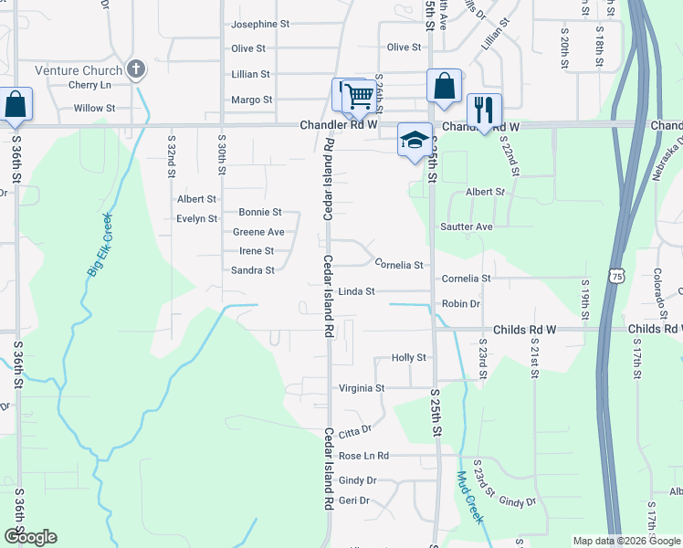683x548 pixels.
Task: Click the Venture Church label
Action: pos(79,70)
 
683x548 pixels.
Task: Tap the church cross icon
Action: pos(136,69)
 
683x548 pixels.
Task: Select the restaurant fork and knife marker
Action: pos(483,110)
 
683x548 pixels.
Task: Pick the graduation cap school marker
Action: pos(415,140)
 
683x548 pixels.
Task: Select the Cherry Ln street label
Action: pos(89,85)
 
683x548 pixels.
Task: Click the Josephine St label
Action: pos(260,24)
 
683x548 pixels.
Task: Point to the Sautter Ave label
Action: pos(466,227)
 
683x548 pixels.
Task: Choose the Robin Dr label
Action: pos(460,303)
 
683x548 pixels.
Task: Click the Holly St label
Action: pos(409,358)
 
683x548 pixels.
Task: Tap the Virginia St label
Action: pos(362,388)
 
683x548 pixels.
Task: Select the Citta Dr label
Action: pos(355,430)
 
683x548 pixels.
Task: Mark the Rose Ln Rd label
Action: pos(363,456)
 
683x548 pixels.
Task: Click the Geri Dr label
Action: pos(353,501)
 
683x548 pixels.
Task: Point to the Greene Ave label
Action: pos(258,232)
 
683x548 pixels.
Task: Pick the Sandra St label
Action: pos(253,270)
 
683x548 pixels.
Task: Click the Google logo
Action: pos(30,537)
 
